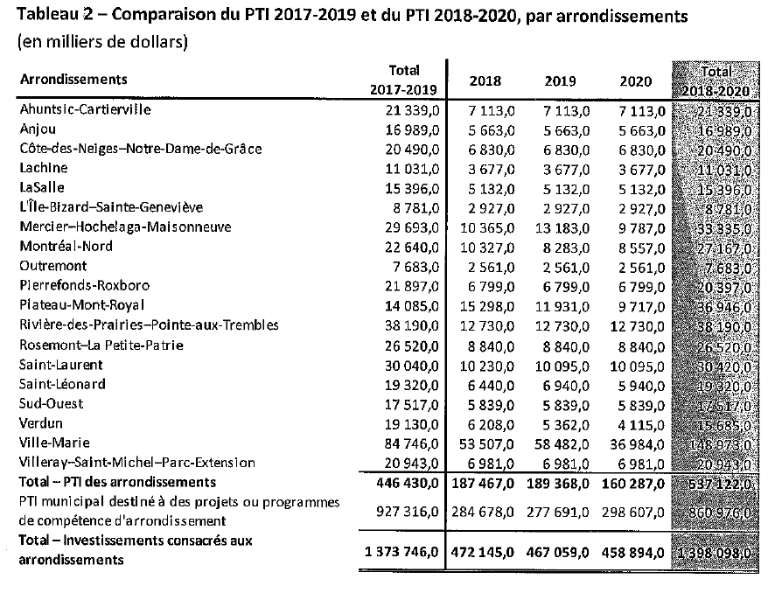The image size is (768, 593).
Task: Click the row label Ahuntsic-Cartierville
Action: coord(85,110)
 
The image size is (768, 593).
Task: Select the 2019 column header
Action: coord(560,81)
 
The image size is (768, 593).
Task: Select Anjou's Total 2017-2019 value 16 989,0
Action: coord(410,129)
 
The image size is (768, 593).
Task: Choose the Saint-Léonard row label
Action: coord(62,384)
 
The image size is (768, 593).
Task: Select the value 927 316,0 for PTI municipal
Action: coord(407,511)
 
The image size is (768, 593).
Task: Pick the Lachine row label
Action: coord(43,169)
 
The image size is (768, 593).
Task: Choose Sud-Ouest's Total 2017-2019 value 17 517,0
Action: coord(410,404)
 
